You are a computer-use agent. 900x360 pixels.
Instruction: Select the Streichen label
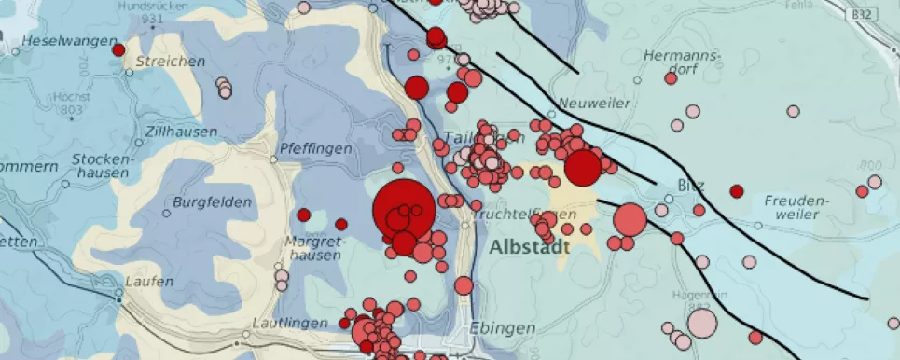click(x=170, y=62)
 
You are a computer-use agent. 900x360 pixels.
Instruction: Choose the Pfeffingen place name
click(x=316, y=148)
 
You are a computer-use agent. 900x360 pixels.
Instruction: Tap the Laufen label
click(x=149, y=282)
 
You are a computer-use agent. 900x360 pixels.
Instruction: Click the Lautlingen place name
click(x=290, y=323)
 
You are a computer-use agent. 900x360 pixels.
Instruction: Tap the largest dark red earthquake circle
click(x=403, y=210)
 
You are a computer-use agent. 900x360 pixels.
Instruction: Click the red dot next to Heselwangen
click(x=118, y=49)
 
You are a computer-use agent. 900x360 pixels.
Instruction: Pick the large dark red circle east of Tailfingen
click(x=583, y=169)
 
